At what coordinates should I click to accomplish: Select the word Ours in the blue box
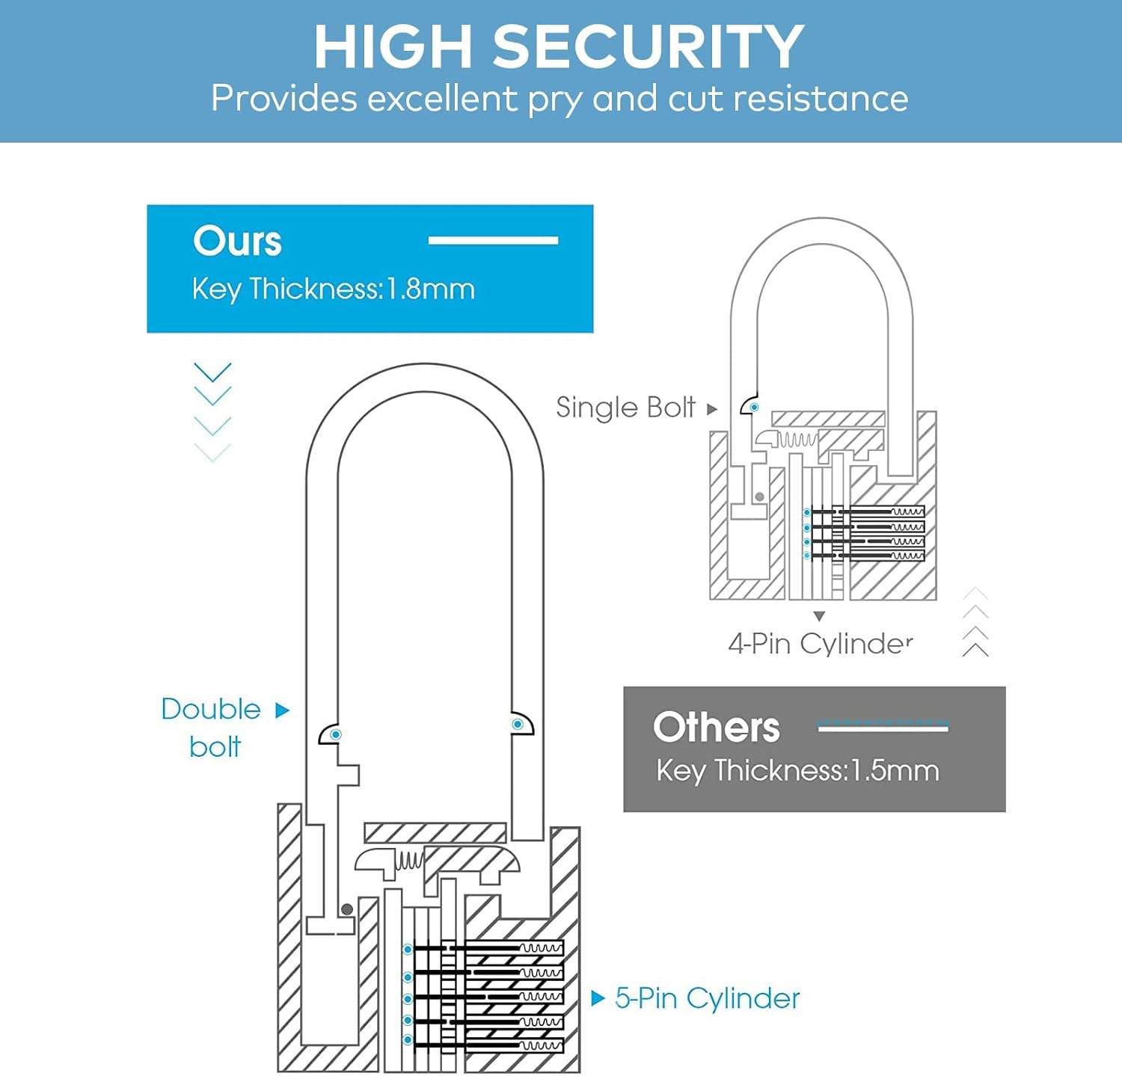pyautogui.click(x=237, y=242)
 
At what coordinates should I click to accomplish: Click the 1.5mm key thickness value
pyautogui.click(x=895, y=771)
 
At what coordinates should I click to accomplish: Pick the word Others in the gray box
pyautogui.click(x=716, y=727)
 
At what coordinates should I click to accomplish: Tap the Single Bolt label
pyautogui.click(x=625, y=408)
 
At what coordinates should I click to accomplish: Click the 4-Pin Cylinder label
pyautogui.click(x=821, y=643)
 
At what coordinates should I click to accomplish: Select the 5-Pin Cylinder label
pyautogui.click(x=707, y=998)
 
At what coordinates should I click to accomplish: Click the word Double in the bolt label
pyautogui.click(x=211, y=709)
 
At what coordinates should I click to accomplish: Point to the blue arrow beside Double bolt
pyautogui.click(x=282, y=710)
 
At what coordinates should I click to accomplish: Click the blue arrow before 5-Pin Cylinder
pyautogui.click(x=598, y=998)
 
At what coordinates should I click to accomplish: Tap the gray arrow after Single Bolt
pyautogui.click(x=712, y=409)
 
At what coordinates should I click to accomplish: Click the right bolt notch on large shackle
pyautogui.click(x=520, y=724)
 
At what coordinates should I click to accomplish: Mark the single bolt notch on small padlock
pyautogui.click(x=751, y=406)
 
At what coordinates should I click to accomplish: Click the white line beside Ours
pyautogui.click(x=493, y=240)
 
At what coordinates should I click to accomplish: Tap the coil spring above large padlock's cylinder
pyautogui.click(x=409, y=860)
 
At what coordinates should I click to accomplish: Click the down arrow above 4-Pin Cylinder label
pyautogui.click(x=819, y=617)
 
